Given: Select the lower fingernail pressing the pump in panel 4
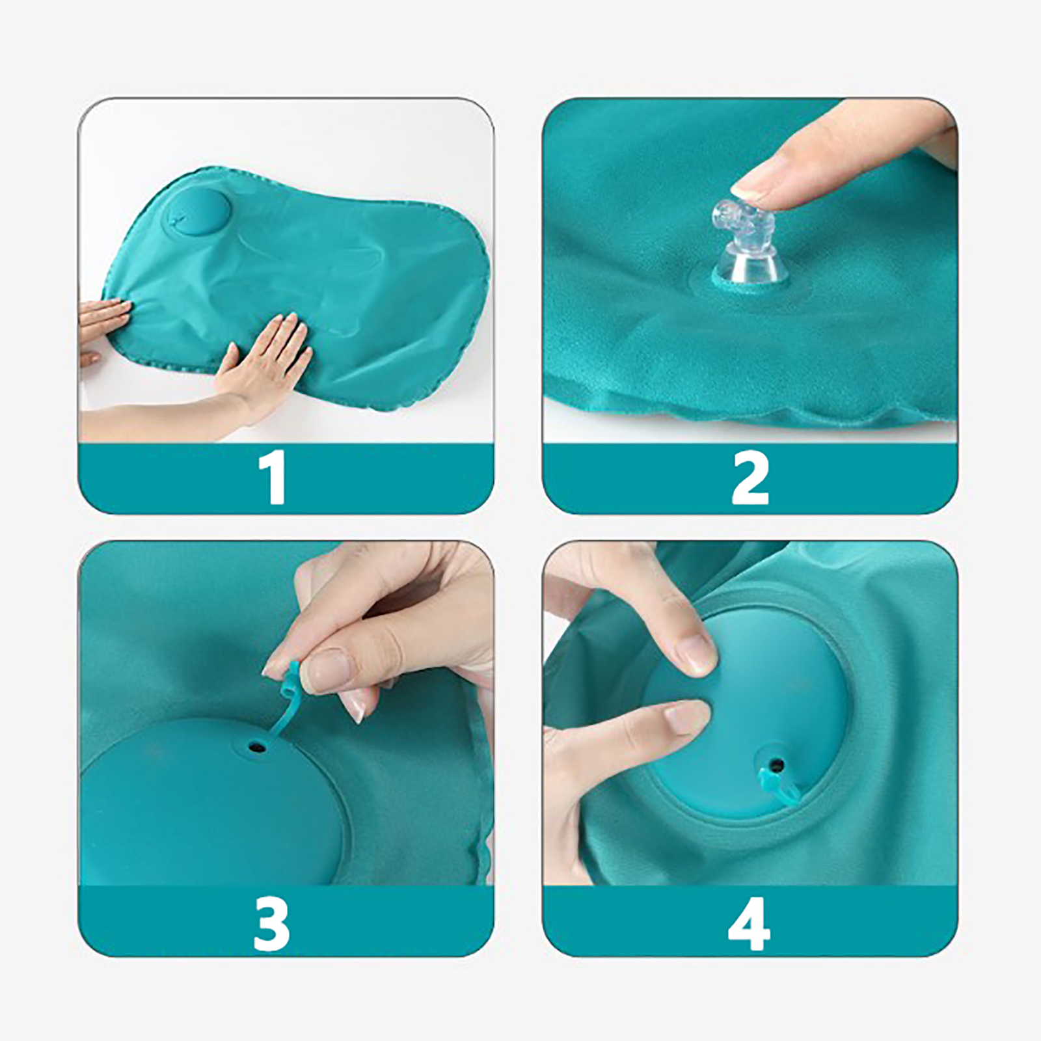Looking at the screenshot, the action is (685, 718).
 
